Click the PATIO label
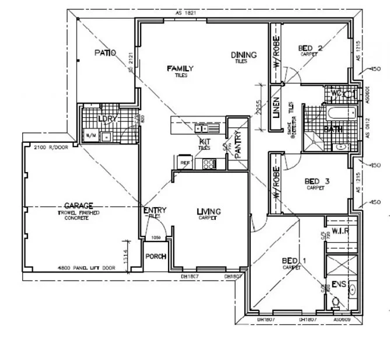[x=105, y=53]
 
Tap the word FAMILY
[x=180, y=69]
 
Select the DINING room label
[x=241, y=55]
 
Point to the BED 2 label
[x=310, y=48]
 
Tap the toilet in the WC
[x=348, y=93]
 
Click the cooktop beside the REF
[x=208, y=165]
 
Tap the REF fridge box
[x=185, y=163]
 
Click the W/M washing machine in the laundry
[x=92, y=136]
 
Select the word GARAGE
[x=78, y=205]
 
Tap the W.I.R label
[x=340, y=230]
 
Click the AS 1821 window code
[x=184, y=13]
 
